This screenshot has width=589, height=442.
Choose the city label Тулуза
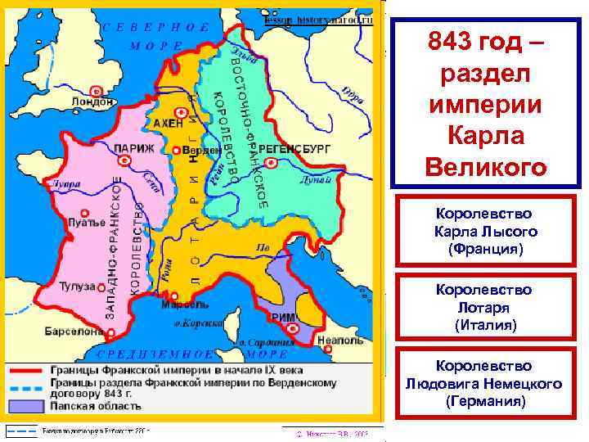click(78, 286)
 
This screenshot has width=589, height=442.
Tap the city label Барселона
click(74, 333)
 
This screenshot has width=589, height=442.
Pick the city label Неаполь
click(334, 338)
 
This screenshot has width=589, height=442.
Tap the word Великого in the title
click(485, 167)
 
